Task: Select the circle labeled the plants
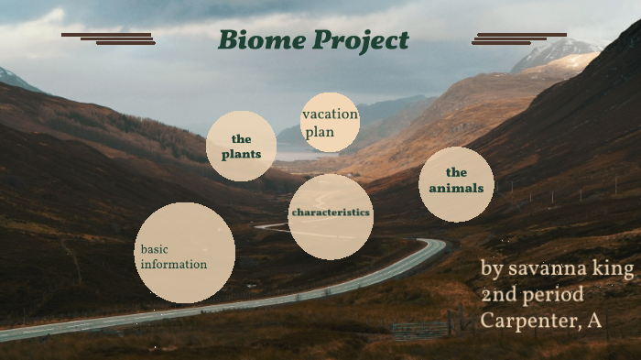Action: pyautogui.click(x=241, y=146)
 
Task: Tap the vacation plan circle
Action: pyautogui.click(x=330, y=122)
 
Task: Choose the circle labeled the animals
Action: pyautogui.click(x=456, y=184)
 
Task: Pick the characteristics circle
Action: pyautogui.click(x=331, y=216)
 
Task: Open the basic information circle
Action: pyautogui.click(x=185, y=253)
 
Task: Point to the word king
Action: pyautogui.click(x=614, y=269)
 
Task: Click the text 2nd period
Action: pyautogui.click(x=532, y=295)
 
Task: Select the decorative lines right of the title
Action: pyautogui.click(x=518, y=38)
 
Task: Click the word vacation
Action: pyautogui.click(x=330, y=115)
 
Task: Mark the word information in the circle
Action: pyautogui.click(x=174, y=265)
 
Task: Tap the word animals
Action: pyautogui.click(x=456, y=189)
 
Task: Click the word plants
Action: pyautogui.click(x=241, y=154)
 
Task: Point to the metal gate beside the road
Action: pyautogui.click(x=420, y=328)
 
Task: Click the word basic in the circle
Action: pyautogui.click(x=155, y=249)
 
